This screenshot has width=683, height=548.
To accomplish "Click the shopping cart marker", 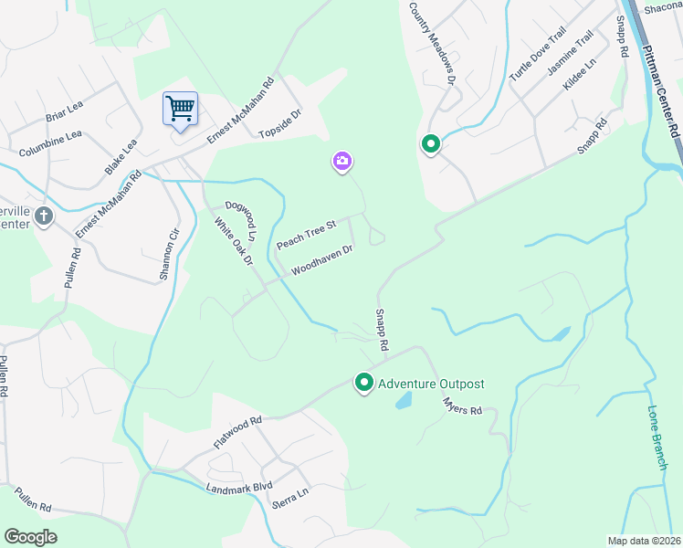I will (x=181, y=110).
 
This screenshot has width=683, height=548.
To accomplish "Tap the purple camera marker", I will (x=342, y=162).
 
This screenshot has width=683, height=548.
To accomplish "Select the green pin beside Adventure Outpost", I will (x=364, y=383).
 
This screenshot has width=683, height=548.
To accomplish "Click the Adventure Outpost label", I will (x=431, y=384).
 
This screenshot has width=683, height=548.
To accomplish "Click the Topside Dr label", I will (x=279, y=126).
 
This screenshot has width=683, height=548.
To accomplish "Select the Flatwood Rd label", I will (x=237, y=431).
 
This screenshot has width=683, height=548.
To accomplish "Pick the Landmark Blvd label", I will (x=239, y=489).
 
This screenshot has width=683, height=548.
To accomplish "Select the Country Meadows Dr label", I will (x=433, y=43).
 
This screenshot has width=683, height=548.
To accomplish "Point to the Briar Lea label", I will (x=64, y=116).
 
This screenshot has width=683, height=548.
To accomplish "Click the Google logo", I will (x=30, y=537).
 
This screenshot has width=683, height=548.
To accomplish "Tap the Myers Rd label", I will (x=461, y=406).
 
